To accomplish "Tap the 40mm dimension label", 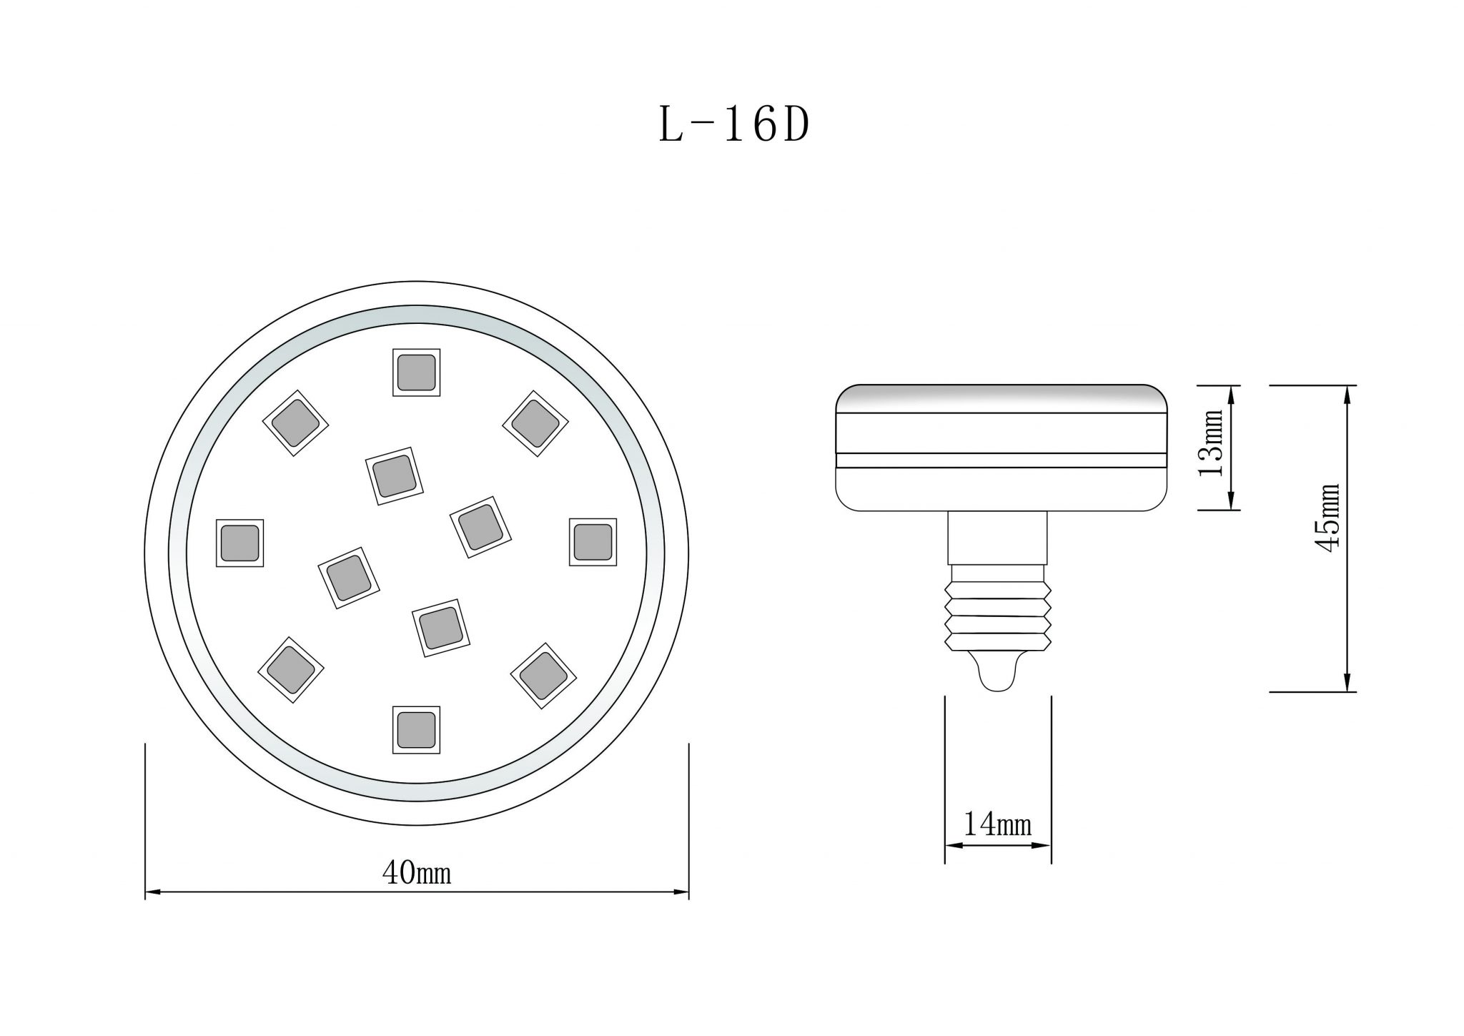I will [417, 873].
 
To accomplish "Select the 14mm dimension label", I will [998, 824].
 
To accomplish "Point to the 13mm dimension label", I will [1211, 443].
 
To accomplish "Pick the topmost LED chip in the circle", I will [416, 373].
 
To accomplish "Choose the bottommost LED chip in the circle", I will [416, 730].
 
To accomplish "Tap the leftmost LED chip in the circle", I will [239, 543].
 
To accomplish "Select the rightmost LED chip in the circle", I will [593, 542].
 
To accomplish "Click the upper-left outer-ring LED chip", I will [296, 423].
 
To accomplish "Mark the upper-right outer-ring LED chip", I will [535, 423].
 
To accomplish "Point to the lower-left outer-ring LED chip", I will [290, 669].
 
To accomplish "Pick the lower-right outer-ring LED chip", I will [543, 675].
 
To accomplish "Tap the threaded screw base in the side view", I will [998, 615].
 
